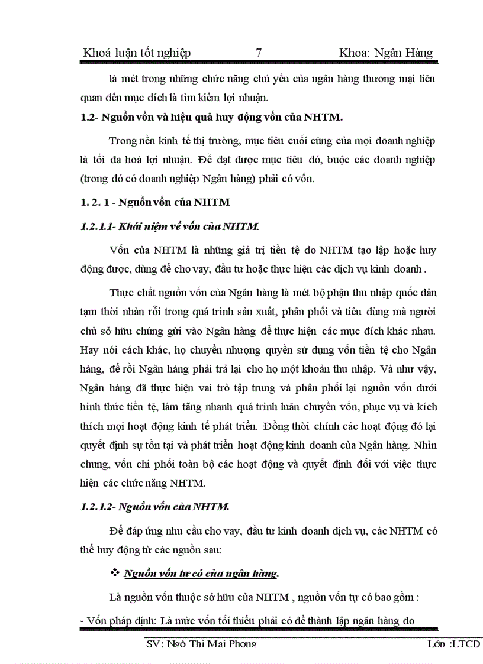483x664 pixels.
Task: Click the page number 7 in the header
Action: [258, 53]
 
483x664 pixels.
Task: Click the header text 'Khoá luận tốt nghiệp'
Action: [137, 53]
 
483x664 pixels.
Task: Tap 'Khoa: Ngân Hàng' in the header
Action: [386, 53]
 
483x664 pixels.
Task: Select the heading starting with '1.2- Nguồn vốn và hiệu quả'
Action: [211, 117]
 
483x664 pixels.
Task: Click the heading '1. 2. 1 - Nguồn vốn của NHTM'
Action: [154, 202]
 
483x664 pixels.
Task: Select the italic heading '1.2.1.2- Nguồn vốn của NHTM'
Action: [154, 507]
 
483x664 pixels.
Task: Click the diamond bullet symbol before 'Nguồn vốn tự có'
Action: [115, 573]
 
